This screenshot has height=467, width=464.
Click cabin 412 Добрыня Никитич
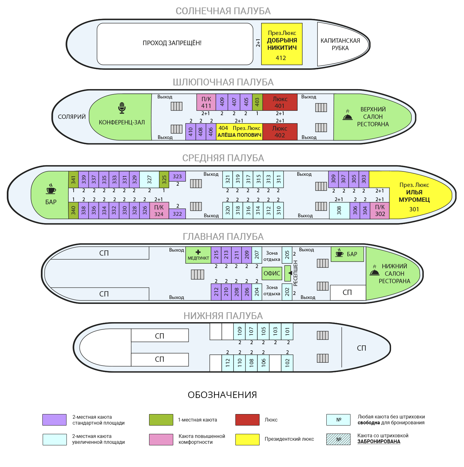click(x=281, y=44)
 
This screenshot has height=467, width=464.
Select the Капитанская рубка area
click(x=340, y=44)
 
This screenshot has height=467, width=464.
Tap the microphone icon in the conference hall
click(x=122, y=108)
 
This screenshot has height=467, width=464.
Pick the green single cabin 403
click(x=257, y=102)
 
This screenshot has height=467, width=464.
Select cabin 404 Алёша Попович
click(x=239, y=132)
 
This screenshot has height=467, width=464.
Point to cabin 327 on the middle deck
click(x=149, y=179)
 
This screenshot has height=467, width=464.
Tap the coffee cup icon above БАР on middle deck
click(x=51, y=189)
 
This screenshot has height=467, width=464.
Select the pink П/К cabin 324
click(x=159, y=210)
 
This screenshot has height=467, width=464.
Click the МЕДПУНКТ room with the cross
click(x=198, y=255)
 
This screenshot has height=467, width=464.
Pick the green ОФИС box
click(x=272, y=273)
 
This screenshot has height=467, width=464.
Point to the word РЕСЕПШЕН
click(x=295, y=273)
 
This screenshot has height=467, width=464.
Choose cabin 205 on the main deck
click(x=287, y=255)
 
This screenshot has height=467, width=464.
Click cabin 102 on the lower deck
click(x=287, y=363)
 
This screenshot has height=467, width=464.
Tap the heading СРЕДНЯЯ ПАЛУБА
click(x=223, y=158)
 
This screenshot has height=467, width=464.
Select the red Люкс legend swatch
click(x=247, y=420)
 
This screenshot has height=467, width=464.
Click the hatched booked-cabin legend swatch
click(x=338, y=439)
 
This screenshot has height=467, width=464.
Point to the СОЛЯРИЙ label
click(x=72, y=117)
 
